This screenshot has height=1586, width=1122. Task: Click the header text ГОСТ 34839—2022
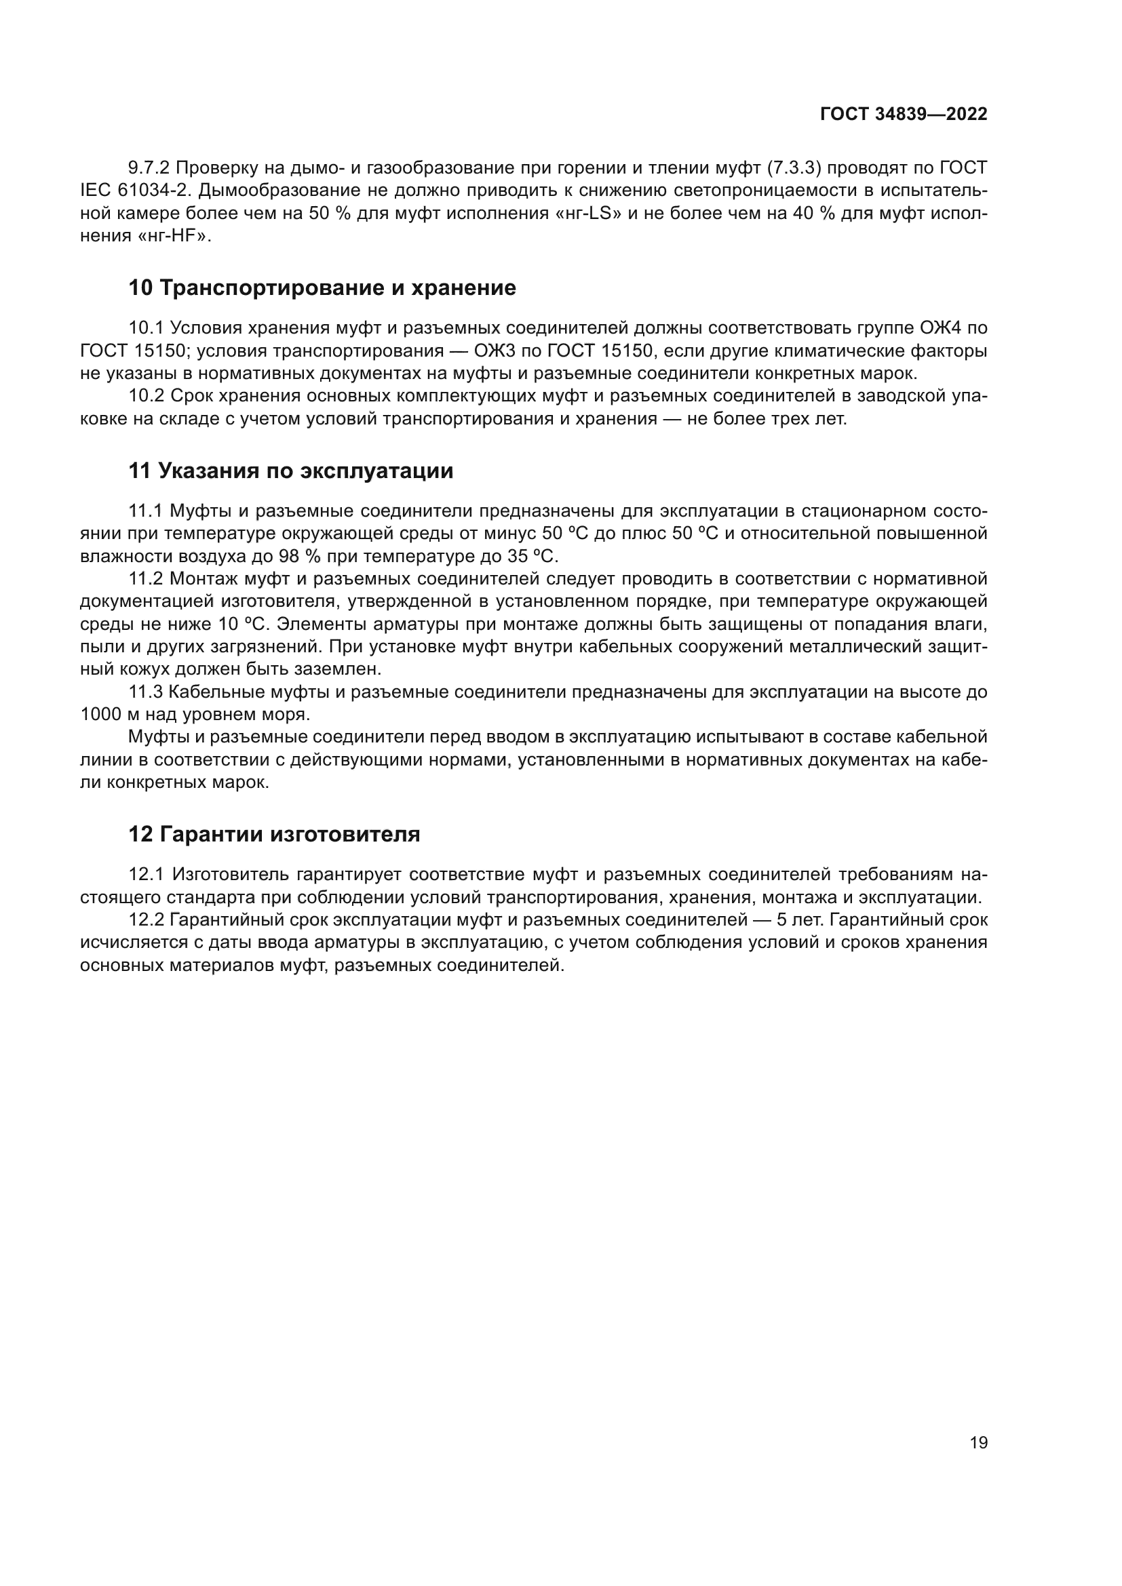coord(903,115)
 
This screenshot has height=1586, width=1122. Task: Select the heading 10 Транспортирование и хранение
coord(322,288)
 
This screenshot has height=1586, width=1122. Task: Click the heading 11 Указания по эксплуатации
coord(291,471)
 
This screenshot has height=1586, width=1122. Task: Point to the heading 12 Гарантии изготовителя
coord(274,834)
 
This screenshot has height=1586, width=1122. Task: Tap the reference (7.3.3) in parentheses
coord(794,168)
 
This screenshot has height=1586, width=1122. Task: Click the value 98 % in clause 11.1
coord(294,556)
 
